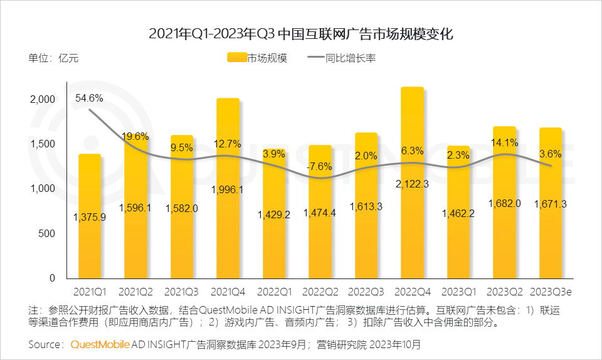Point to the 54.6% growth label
[x=89, y=98]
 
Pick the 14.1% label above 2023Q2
[x=505, y=142]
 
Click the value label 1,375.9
[x=89, y=217]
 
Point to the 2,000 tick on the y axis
[x=43, y=99]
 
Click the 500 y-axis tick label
[x=48, y=233]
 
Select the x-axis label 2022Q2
[x=320, y=292]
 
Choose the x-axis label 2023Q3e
[x=551, y=292]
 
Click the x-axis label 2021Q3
[x=182, y=292]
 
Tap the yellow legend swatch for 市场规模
[x=236, y=58]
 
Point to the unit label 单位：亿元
[x=53, y=58]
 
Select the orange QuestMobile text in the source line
[x=100, y=344]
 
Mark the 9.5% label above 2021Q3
[x=182, y=148]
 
